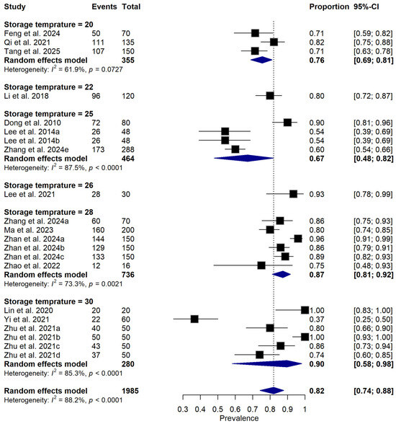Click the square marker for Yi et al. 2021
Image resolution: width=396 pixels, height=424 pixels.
click(x=194, y=319)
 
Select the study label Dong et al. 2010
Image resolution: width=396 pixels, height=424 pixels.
click(x=32, y=123)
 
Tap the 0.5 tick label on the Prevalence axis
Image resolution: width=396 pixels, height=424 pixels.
click(x=217, y=409)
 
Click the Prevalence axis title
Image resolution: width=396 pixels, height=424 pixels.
click(x=239, y=418)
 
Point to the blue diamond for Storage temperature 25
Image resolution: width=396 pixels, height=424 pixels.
click(x=244, y=159)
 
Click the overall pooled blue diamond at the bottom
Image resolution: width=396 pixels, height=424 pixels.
click(x=272, y=391)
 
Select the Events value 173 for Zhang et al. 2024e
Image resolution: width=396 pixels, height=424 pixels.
click(x=98, y=149)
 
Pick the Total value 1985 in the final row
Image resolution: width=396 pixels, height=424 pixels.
click(x=130, y=391)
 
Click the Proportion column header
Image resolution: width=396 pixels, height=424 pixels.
click(x=329, y=6)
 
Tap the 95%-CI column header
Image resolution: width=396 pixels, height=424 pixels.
click(x=366, y=6)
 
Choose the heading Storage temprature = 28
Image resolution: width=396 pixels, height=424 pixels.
click(x=48, y=212)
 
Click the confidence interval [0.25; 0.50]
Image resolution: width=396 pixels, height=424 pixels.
click(x=373, y=319)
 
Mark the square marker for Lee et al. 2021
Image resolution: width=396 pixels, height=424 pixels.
click(x=294, y=194)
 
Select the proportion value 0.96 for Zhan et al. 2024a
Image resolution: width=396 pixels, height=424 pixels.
click(x=317, y=239)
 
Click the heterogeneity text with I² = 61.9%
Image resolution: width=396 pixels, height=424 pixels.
click(x=63, y=69)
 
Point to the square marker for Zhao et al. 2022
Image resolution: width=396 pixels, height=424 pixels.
click(x=261, y=265)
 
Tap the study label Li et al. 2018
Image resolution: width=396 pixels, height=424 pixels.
click(x=27, y=96)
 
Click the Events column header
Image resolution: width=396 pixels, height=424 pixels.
click(x=104, y=6)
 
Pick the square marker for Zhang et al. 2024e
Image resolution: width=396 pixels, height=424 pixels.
click(x=235, y=149)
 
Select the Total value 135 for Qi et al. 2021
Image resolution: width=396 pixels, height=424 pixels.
click(x=128, y=43)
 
